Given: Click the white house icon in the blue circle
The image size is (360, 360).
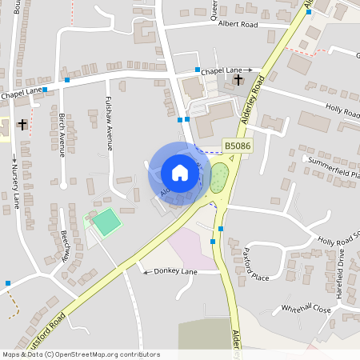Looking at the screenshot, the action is coord(179,172).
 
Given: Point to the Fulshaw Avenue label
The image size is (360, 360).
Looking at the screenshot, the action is coord(108,124).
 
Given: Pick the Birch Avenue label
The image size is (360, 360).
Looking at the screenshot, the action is coord(62,134).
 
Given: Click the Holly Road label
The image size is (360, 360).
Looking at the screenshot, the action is coord(342,110).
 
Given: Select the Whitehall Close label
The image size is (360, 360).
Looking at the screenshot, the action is coord(306,308).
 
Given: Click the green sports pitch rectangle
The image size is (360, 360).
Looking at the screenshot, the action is coord(105,222).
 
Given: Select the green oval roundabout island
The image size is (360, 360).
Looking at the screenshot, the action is coord(219,174).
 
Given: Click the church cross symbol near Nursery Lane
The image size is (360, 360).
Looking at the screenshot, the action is coord(22,124).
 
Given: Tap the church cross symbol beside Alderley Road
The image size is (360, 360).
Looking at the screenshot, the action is coord(238,79).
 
